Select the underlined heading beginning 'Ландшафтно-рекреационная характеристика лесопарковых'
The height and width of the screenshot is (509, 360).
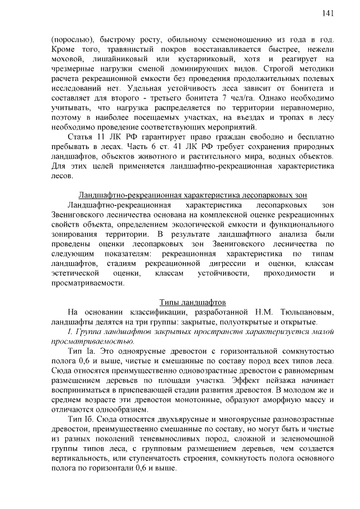(192, 195)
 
